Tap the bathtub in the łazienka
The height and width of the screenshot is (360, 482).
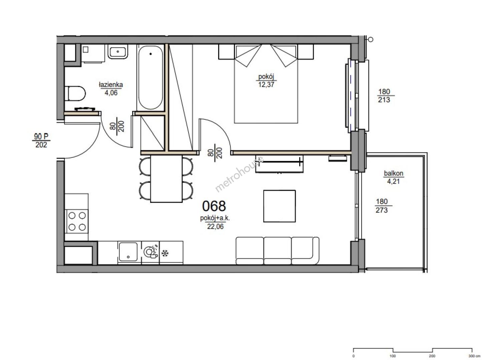[151, 78]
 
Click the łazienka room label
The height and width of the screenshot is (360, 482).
[111, 85]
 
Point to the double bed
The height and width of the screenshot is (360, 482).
[266, 84]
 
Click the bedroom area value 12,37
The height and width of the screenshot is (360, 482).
[266, 84]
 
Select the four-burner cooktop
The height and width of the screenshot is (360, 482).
[77, 221]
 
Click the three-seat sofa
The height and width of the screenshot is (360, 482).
[277, 251]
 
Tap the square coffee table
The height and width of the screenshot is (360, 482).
[280, 206]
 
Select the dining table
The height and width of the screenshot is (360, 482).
[166, 179]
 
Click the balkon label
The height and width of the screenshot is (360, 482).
[394, 173]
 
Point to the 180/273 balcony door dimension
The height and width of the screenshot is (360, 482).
[382, 206]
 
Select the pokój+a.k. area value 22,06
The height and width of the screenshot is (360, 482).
[215, 226]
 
